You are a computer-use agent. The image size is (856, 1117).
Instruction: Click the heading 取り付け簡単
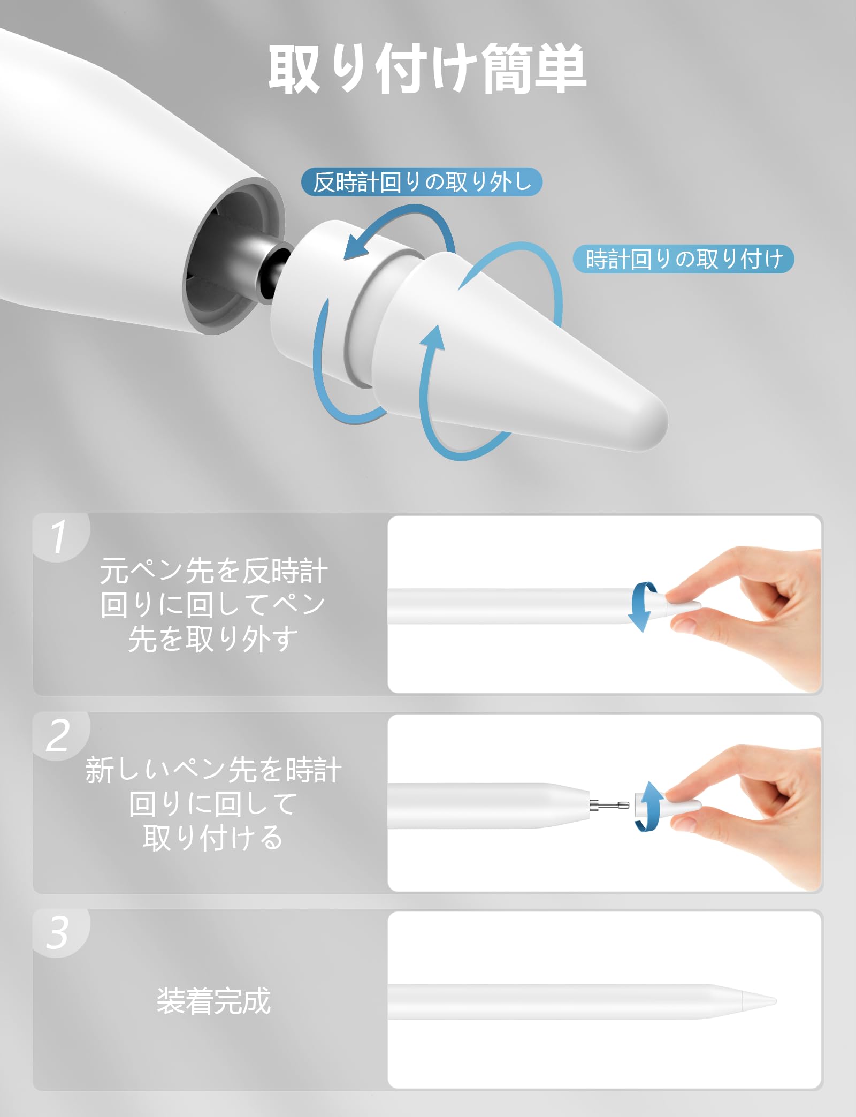[427, 69]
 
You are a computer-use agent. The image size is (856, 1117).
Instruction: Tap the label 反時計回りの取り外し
[422, 182]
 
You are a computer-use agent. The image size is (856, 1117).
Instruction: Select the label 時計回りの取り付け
[684, 259]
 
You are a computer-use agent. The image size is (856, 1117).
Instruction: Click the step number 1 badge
[60, 536]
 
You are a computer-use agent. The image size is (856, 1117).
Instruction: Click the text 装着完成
[213, 1000]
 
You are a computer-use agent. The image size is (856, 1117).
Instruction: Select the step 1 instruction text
[213, 605]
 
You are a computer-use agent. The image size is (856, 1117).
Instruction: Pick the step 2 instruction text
[213, 803]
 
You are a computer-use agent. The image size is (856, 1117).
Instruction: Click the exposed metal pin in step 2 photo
[609, 804]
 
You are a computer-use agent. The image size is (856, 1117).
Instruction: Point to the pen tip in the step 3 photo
[760, 1000]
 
